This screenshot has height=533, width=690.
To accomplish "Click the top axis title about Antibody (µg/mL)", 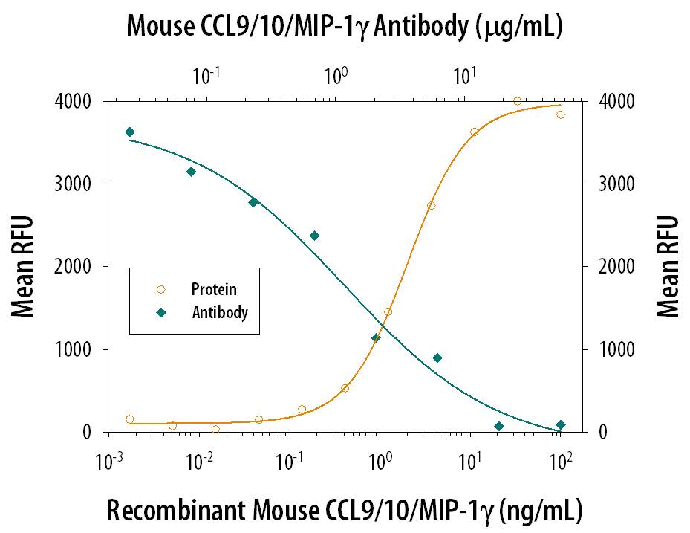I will (345, 27).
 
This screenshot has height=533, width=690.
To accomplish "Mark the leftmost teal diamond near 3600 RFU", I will (130, 132).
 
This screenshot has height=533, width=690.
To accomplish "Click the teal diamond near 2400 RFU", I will (314, 236).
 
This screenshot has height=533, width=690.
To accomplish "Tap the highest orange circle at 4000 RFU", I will (518, 101).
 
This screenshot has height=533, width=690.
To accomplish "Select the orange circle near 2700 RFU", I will (431, 206).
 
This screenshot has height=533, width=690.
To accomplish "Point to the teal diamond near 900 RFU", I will (437, 358).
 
